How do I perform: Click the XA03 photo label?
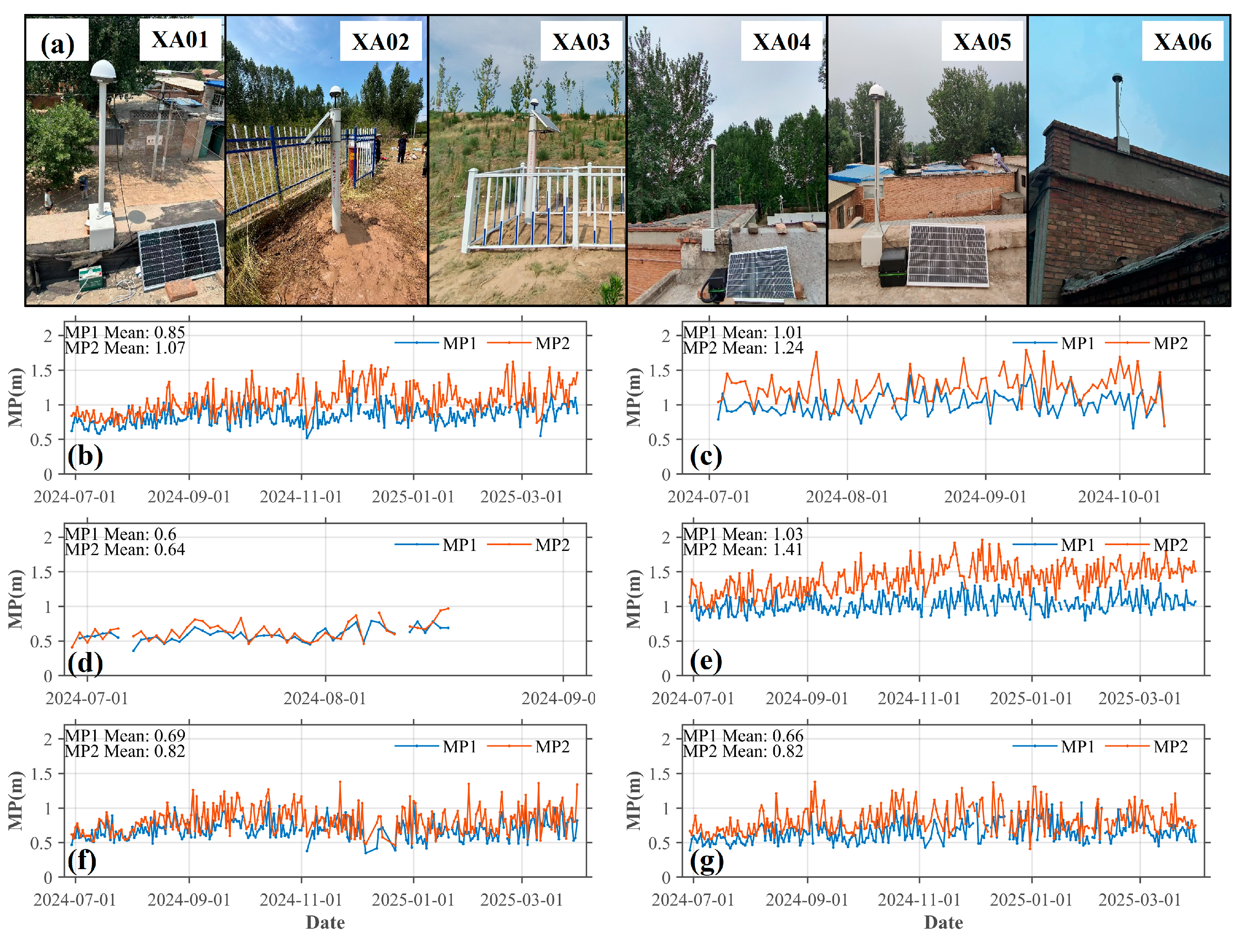pos(581,42)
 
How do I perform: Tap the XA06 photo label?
pos(1182,42)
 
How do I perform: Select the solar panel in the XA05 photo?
pos(948,254)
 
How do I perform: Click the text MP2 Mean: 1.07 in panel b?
pos(125,348)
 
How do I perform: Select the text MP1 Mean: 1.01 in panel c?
pos(742,332)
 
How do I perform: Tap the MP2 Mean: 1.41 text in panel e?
pos(742,550)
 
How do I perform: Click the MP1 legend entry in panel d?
pos(436,545)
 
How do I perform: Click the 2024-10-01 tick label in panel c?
pos(1119,497)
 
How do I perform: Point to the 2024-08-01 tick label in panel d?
pos(325,698)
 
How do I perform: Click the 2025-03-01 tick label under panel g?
pos(1140,900)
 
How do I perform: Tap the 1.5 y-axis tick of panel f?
pos(41,774)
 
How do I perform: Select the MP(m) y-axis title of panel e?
pos(634,599)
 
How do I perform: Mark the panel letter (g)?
pos(706,861)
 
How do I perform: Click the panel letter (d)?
pos(85,662)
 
